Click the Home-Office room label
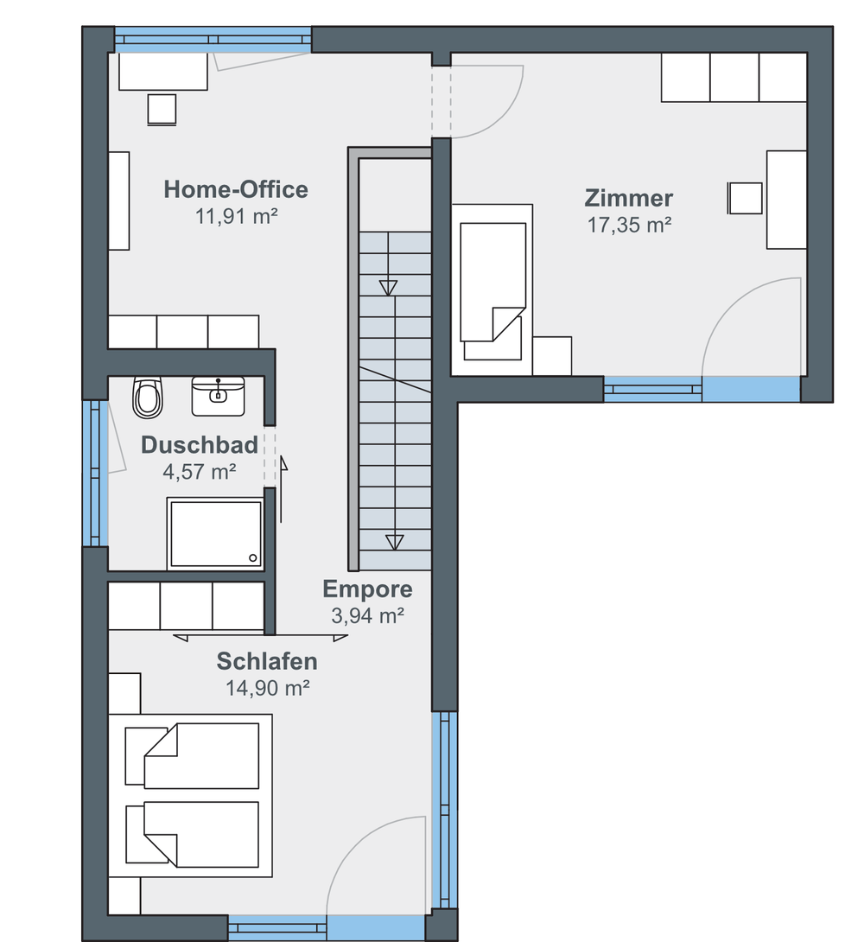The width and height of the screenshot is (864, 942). coord(236,189)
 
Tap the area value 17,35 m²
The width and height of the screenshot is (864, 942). coord(629,225)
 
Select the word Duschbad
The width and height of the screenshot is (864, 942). coord(200,444)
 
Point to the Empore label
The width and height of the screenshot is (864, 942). coord(367,589)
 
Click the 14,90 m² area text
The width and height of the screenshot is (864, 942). coord(267,688)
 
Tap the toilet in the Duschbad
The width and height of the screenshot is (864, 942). coord(148,397)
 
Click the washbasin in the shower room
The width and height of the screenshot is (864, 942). coord(218,396)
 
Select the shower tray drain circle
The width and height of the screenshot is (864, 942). coord(253,558)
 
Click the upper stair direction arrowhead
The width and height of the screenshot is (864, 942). coord(389,288)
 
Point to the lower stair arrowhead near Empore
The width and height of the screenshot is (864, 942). coord(395,543)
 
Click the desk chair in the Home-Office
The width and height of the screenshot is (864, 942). coord(162,110)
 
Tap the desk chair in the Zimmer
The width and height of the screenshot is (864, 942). coord(745,198)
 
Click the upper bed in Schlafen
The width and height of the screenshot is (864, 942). coord(192,756)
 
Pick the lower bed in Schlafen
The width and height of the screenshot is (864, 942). coord(192,834)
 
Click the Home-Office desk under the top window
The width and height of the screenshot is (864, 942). coord(163,72)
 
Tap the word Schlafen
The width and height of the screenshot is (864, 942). coord(267,661)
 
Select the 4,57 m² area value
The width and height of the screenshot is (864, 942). coord(200,472)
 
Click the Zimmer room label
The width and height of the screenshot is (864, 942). coord(629,198)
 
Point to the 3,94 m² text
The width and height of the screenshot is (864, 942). coord(367,616)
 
